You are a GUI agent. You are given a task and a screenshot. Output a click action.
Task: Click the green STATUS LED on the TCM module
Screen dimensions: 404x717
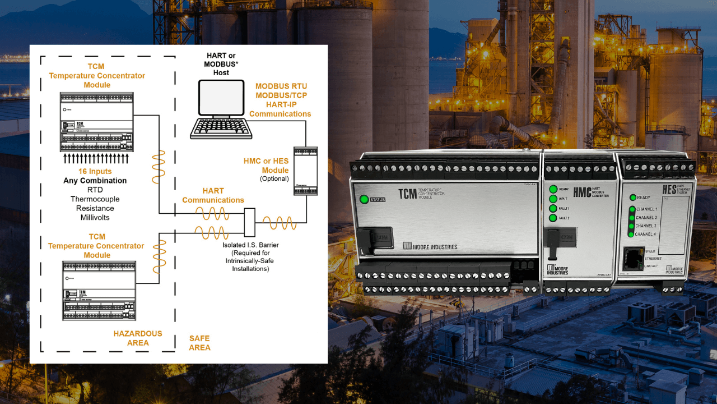point(364,199)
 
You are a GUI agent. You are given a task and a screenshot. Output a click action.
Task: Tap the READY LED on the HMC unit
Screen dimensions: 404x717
point(553,189)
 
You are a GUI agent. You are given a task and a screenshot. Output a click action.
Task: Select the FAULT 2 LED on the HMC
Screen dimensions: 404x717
point(553,218)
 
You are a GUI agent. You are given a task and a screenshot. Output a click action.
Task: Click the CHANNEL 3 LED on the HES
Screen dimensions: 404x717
point(631,226)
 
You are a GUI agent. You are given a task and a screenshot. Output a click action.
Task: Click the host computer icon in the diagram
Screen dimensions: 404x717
point(221,109)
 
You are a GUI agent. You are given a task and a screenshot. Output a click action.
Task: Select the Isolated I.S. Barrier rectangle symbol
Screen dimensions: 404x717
point(250,222)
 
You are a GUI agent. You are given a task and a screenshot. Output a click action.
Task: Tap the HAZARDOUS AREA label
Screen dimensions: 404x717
point(138,338)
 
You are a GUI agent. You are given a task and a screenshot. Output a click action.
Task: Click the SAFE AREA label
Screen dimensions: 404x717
point(199,343)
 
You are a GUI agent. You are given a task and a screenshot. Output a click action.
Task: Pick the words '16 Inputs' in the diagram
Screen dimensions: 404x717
point(95,171)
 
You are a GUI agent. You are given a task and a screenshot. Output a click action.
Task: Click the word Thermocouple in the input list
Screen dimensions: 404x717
point(95,199)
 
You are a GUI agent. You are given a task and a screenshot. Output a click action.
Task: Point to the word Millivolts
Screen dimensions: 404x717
point(95,217)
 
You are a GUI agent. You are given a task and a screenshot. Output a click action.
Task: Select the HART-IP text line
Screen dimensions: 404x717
point(281,104)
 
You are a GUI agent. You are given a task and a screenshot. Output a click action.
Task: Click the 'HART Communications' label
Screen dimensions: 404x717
point(213,195)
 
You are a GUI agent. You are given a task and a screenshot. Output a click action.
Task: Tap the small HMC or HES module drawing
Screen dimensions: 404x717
point(305,171)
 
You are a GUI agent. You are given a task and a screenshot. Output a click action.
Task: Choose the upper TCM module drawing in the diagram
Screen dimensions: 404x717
point(97,122)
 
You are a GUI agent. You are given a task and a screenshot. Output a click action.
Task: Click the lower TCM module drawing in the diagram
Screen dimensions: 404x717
point(99,291)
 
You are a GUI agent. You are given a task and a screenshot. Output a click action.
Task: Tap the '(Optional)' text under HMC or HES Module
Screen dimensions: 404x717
point(274,179)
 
